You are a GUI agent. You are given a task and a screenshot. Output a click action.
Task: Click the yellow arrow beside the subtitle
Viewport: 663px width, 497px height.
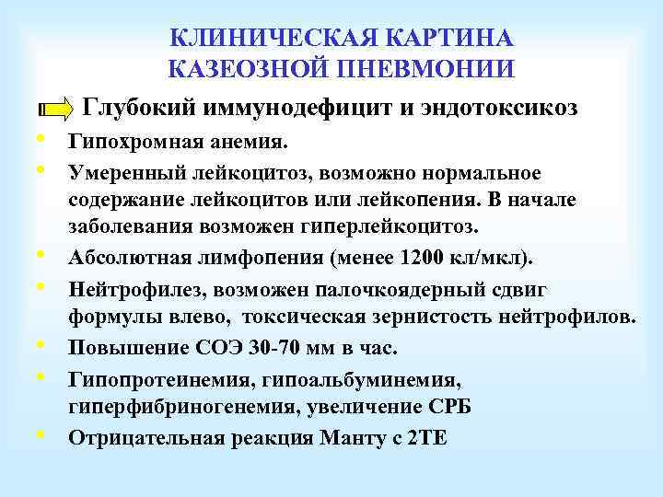[57, 109]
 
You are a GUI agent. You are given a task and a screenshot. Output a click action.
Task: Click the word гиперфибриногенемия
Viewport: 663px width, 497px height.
[175, 408]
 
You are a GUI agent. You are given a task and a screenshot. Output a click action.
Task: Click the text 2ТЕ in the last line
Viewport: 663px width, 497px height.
[425, 438]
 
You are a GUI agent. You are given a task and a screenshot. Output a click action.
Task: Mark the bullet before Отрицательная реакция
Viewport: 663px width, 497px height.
[42, 435]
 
